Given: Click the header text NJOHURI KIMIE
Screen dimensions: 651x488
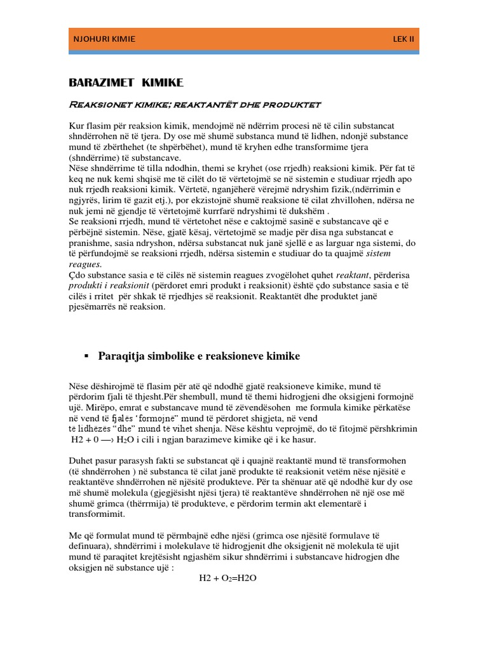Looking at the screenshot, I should click(x=104, y=39).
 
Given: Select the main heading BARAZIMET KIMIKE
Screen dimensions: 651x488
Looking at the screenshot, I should click(x=126, y=82).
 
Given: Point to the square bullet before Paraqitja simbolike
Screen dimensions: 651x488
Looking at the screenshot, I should click(x=86, y=356).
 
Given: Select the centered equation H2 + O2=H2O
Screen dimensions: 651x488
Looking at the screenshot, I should click(x=227, y=578).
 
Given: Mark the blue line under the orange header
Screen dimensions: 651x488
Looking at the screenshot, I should click(x=244, y=53).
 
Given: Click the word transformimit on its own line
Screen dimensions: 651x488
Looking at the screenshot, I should click(x=95, y=514).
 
